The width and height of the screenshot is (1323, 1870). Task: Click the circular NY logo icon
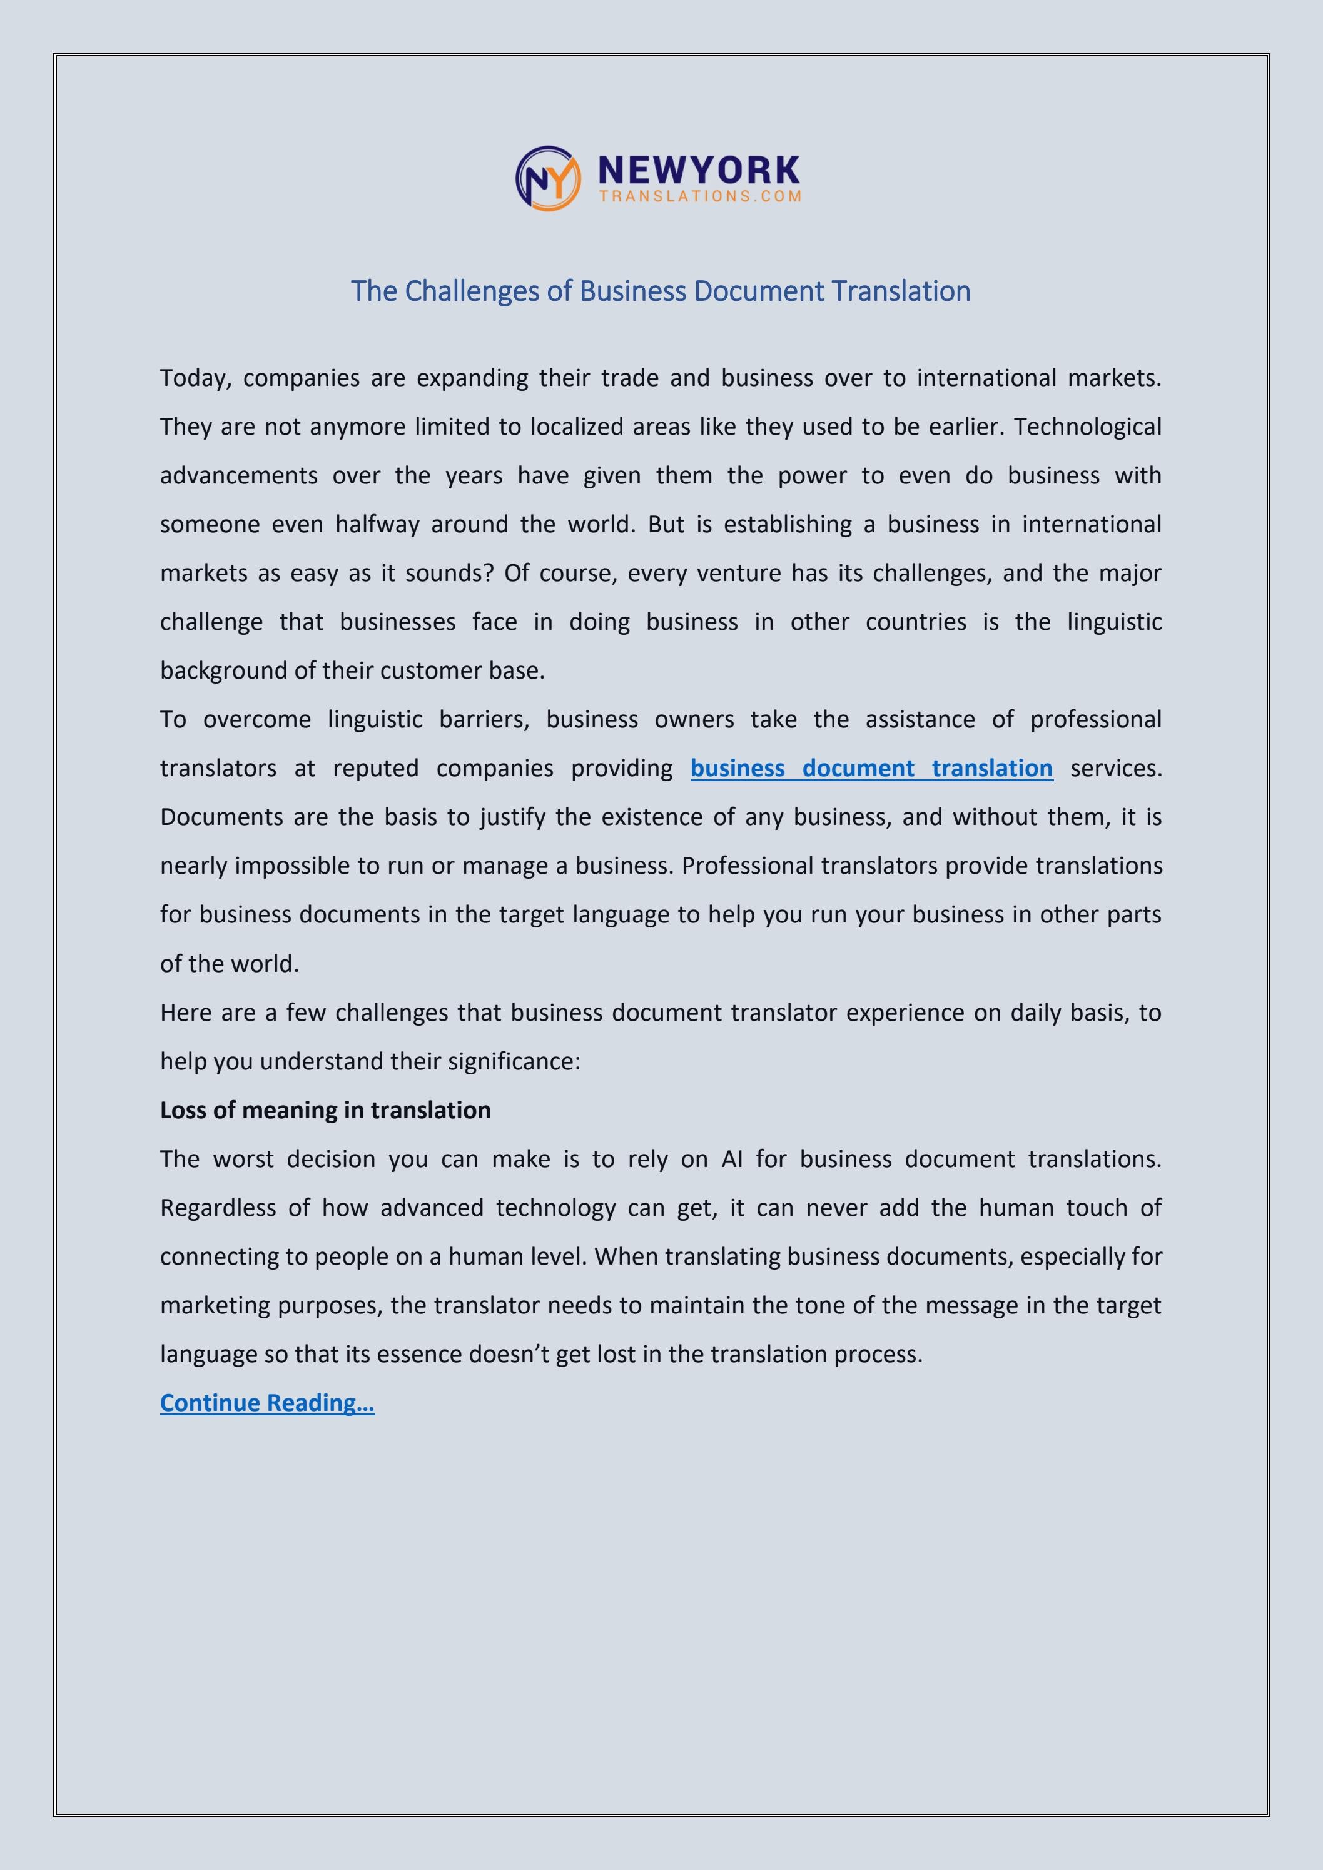pos(547,178)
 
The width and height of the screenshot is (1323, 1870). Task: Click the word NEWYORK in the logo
pos(699,170)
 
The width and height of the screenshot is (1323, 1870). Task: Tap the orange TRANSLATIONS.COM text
pos(700,196)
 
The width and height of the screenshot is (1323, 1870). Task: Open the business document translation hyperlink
pos(871,768)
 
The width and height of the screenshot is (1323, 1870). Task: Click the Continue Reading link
pos(267,1402)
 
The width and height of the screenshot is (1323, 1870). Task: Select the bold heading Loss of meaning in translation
pos(325,1110)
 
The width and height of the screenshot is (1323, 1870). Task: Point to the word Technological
pos(1088,427)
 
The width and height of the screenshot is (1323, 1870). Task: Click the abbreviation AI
pos(732,1159)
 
